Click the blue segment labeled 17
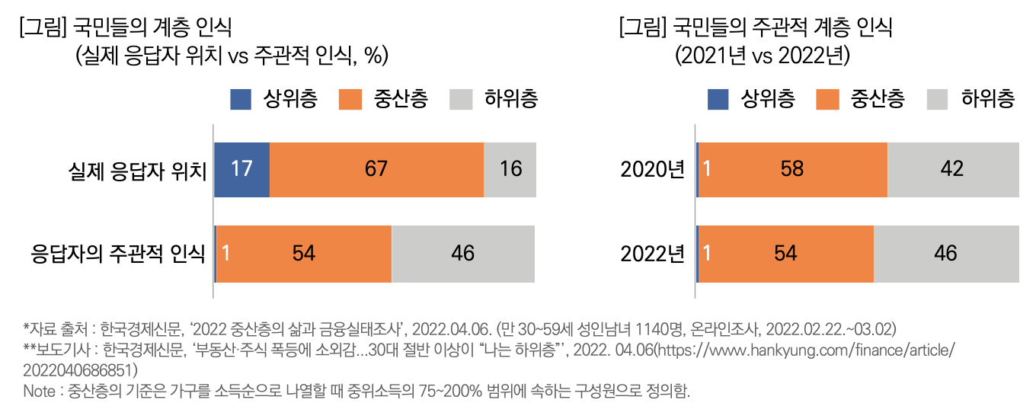click(x=241, y=169)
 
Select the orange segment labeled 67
click(x=376, y=169)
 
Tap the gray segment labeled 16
click(x=510, y=169)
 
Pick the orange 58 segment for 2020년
click(x=792, y=169)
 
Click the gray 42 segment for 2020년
click(x=953, y=169)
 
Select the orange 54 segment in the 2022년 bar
click(x=785, y=254)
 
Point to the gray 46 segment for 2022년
click(x=946, y=254)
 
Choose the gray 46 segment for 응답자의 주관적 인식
click(x=463, y=254)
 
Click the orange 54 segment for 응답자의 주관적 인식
click(x=304, y=254)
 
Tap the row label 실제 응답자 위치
click(x=138, y=170)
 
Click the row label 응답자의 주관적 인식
click(x=117, y=254)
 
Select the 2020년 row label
click(x=653, y=170)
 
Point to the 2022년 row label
click(x=653, y=254)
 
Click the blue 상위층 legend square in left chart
click(x=241, y=99)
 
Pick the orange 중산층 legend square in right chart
click(x=828, y=99)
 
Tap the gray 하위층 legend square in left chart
click(x=462, y=99)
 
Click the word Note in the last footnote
click(x=39, y=392)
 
